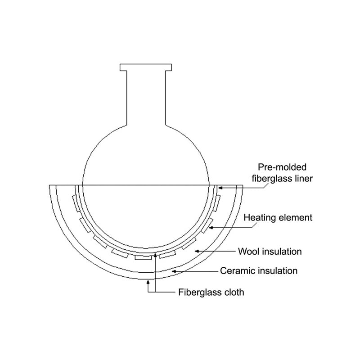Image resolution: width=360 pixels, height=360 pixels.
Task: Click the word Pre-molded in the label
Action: click(x=282, y=167)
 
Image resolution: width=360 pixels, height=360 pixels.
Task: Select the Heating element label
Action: click(x=278, y=218)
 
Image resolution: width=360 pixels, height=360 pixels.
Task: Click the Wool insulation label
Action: click(x=270, y=252)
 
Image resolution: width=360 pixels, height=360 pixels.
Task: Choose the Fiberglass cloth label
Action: click(x=211, y=292)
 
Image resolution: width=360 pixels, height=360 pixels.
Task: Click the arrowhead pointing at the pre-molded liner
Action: click(x=220, y=188)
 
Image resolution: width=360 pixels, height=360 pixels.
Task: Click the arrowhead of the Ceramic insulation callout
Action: click(x=174, y=271)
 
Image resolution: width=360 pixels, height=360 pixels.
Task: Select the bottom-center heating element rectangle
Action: click(x=143, y=257)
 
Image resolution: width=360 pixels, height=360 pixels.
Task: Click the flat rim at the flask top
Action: click(x=146, y=67)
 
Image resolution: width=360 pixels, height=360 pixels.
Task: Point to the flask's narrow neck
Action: click(x=146, y=98)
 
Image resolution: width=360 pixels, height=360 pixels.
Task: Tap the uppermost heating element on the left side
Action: click(x=76, y=203)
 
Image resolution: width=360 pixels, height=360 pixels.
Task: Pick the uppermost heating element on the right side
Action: click(x=216, y=203)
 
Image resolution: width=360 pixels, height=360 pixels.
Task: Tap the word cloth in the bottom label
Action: click(x=234, y=292)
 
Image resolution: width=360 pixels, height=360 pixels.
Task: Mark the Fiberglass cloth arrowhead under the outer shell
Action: click(x=148, y=282)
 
